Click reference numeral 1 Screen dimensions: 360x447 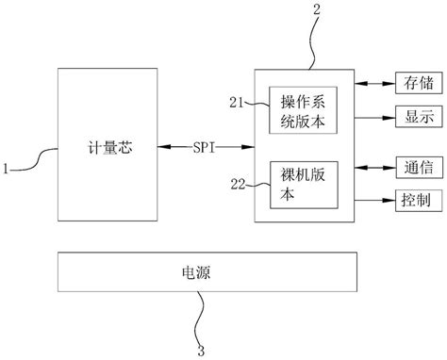pos(7,170)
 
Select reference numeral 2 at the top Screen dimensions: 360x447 pos(317,10)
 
